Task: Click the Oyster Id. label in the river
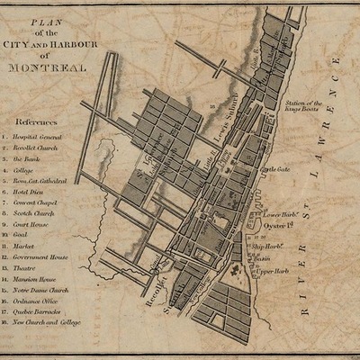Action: [x=277, y=225]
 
